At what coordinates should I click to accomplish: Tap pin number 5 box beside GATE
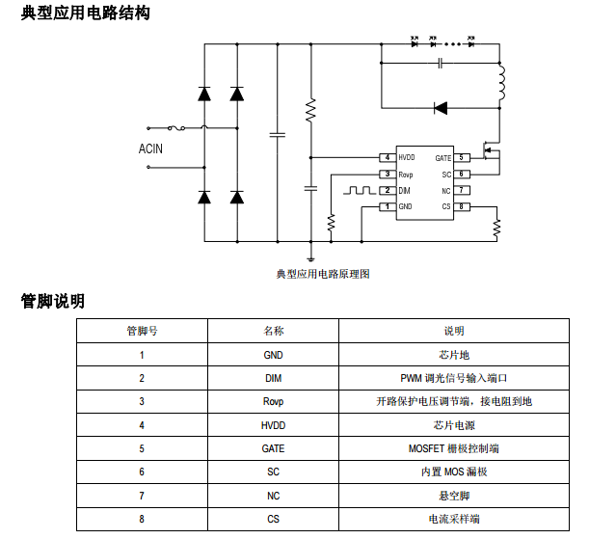pos(463,157)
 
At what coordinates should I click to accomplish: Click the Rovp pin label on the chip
pos(406,174)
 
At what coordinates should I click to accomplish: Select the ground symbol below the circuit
pos(310,256)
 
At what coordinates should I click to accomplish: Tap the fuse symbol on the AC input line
pos(177,127)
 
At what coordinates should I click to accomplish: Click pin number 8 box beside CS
pos(463,206)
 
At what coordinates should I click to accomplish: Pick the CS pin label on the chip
pos(446,206)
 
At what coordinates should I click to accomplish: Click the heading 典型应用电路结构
pos(85,14)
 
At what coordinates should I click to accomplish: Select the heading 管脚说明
pos(53,301)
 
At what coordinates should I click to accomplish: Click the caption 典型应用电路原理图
pos(323,274)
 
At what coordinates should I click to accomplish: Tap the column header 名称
pos(273,331)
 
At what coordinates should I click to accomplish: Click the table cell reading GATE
pos(273,448)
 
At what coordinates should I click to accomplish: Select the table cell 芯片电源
pos(453,425)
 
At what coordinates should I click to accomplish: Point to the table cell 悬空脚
pos(453,496)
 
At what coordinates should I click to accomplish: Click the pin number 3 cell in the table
pos(142,401)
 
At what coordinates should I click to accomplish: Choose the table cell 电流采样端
pos(453,519)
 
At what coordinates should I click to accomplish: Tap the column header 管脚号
pos(142,331)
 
